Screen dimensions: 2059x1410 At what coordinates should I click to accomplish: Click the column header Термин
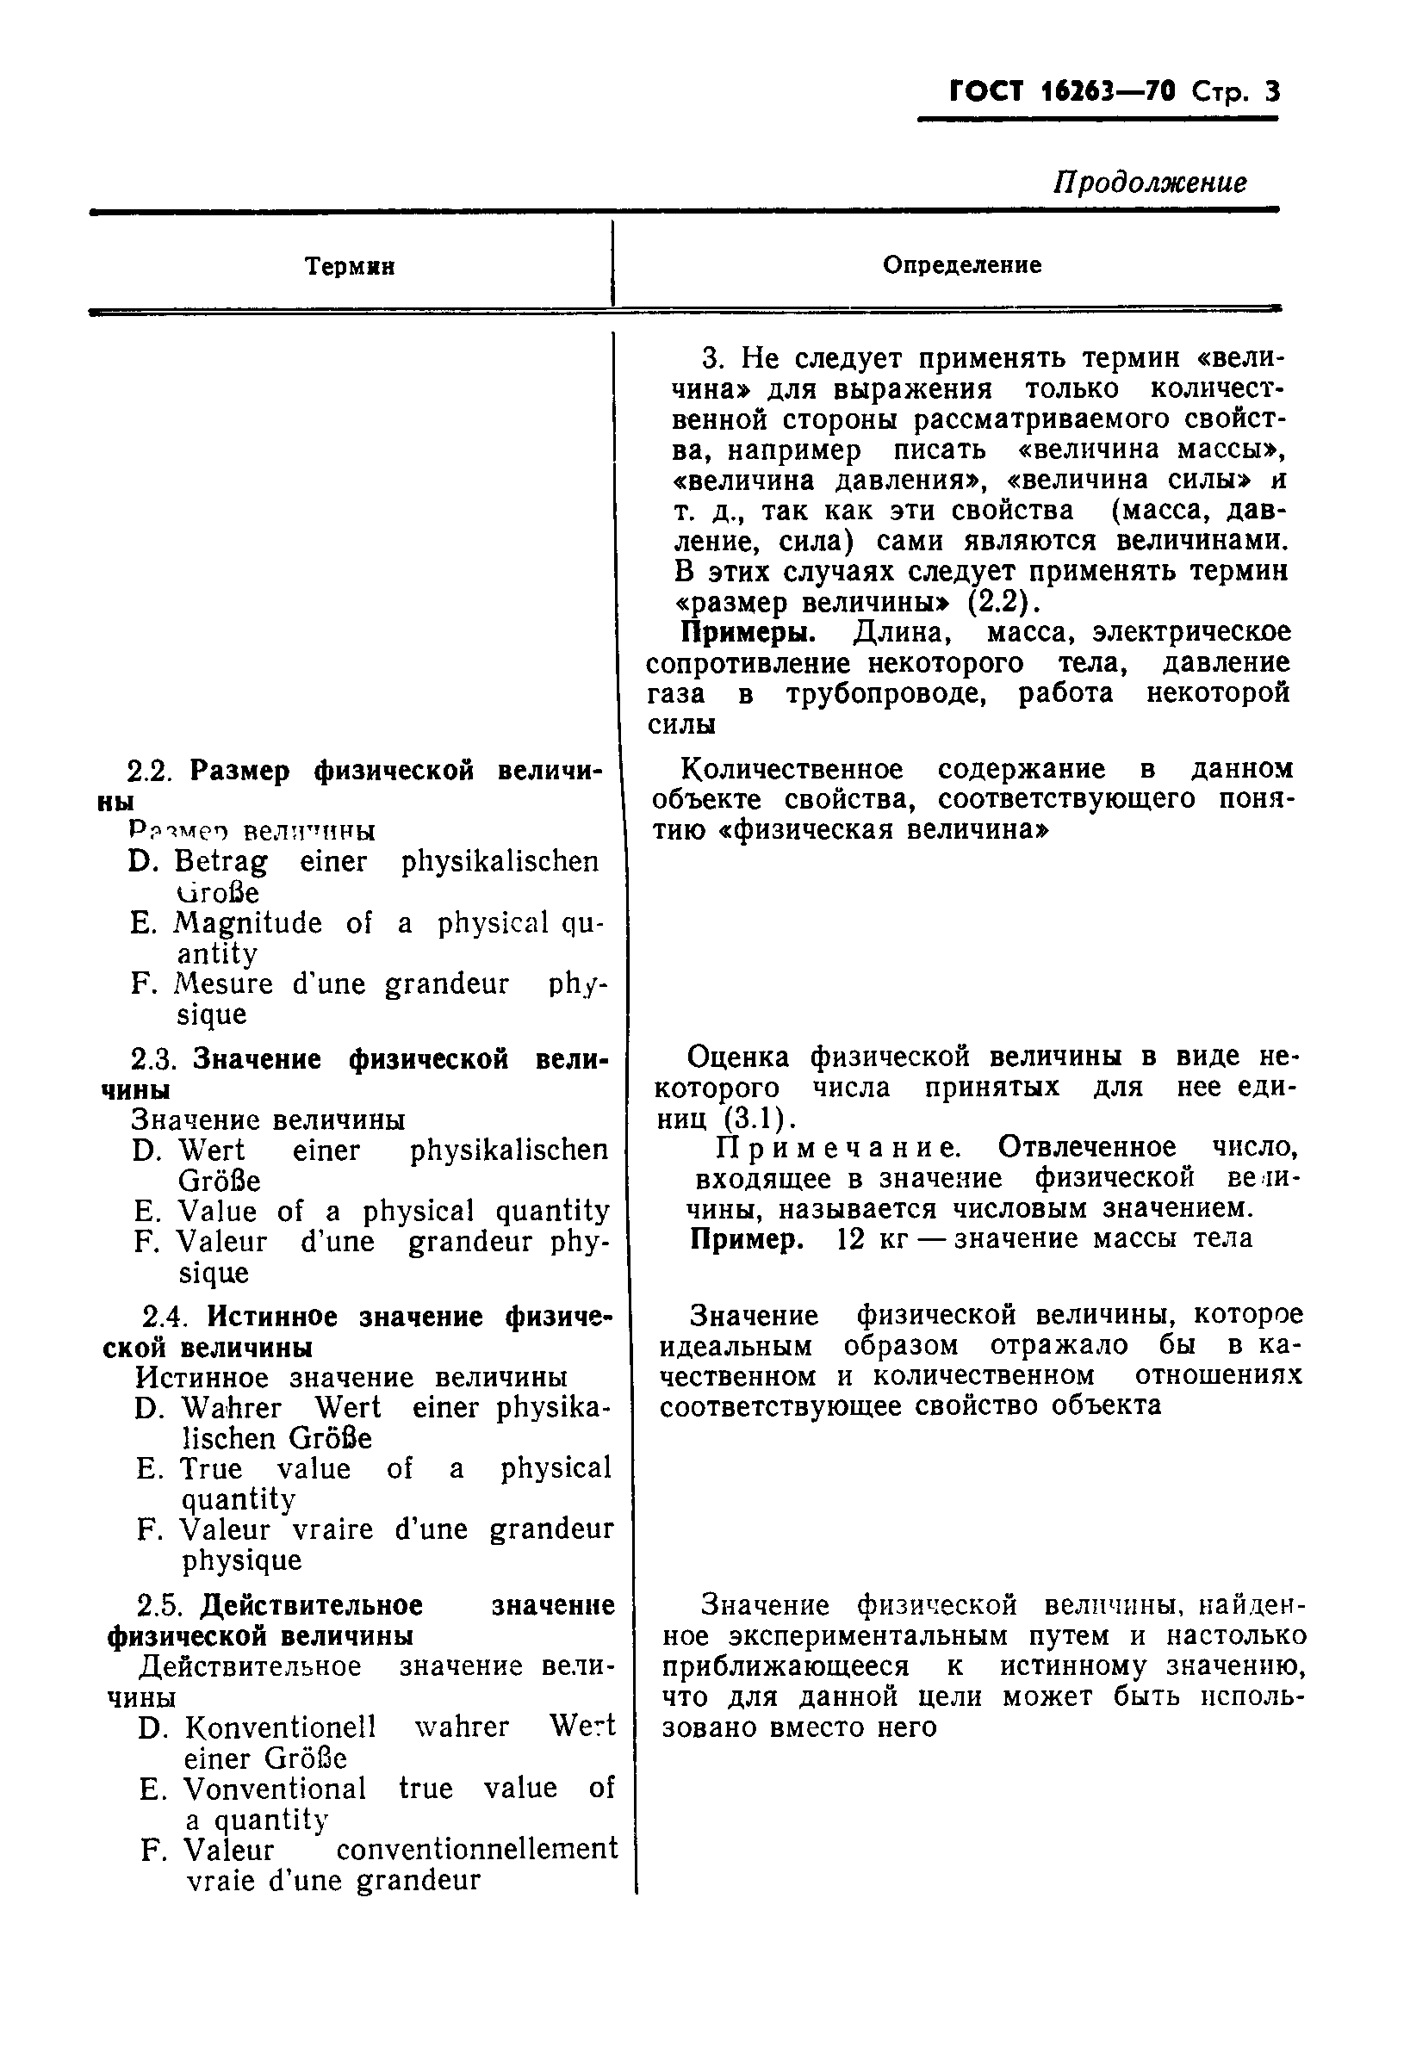349,267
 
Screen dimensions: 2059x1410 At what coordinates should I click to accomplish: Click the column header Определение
961,265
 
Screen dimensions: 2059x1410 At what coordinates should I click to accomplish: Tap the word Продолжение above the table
1149,183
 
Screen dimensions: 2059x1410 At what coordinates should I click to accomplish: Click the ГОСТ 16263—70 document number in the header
1062,92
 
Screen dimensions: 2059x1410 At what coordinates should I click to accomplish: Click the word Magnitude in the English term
247,923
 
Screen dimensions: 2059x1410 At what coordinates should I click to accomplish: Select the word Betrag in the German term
220,861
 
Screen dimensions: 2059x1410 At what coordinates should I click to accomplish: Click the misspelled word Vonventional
275,1788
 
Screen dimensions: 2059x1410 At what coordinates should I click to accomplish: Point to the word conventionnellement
477,1849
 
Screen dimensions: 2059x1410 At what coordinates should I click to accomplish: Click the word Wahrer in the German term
232,1408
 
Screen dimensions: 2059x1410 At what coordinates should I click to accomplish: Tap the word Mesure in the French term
223,984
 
